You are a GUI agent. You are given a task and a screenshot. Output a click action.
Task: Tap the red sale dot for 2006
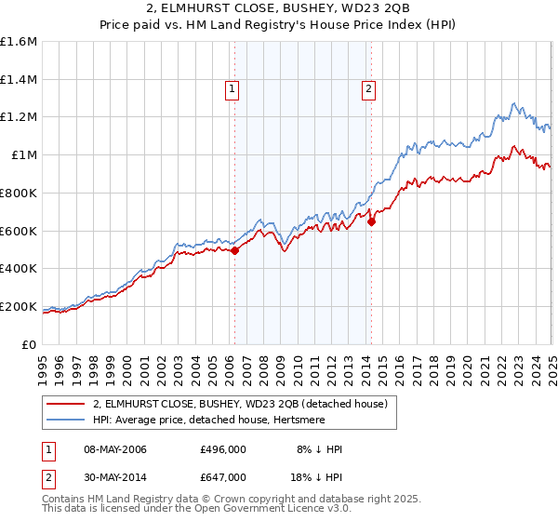pyautogui.click(x=234, y=249)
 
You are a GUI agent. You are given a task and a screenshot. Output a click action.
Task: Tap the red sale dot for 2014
pyautogui.click(x=371, y=221)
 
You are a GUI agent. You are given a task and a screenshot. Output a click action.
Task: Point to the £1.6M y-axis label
pyautogui.click(x=19, y=42)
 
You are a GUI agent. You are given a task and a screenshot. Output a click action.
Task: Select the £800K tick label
pyautogui.click(x=19, y=194)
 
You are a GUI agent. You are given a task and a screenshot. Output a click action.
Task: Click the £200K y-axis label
pyautogui.click(x=19, y=306)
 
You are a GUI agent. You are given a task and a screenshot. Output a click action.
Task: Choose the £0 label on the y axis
pyautogui.click(x=30, y=344)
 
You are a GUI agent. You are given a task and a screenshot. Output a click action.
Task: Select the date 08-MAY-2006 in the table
pyautogui.click(x=114, y=450)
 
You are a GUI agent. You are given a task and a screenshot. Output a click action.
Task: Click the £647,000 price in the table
pyautogui.click(x=223, y=476)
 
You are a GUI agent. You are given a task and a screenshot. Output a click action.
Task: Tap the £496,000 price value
pyautogui.click(x=223, y=450)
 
